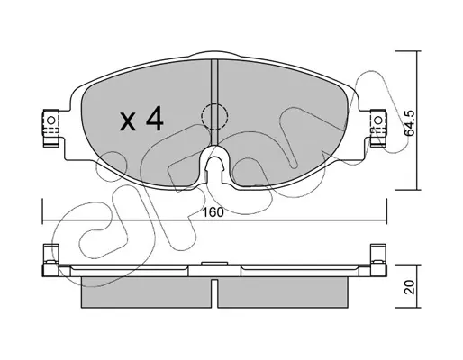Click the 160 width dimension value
click(213, 212)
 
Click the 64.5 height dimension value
click(409, 123)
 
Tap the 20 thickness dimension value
click(410, 287)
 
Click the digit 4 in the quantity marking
click(154, 120)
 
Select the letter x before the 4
click(128, 121)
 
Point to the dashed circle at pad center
click(214, 117)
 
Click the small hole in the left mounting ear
click(51, 121)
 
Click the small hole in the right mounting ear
click(378, 121)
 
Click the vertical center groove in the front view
click(214, 102)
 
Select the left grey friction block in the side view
click(146, 292)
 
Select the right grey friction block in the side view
click(283, 292)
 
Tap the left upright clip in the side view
click(50, 260)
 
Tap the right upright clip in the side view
click(379, 260)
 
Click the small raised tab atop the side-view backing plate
click(214, 264)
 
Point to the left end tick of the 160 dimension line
click(42, 211)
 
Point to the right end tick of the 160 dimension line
click(386, 211)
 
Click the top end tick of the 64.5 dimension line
click(406, 51)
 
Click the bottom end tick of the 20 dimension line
click(406, 308)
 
